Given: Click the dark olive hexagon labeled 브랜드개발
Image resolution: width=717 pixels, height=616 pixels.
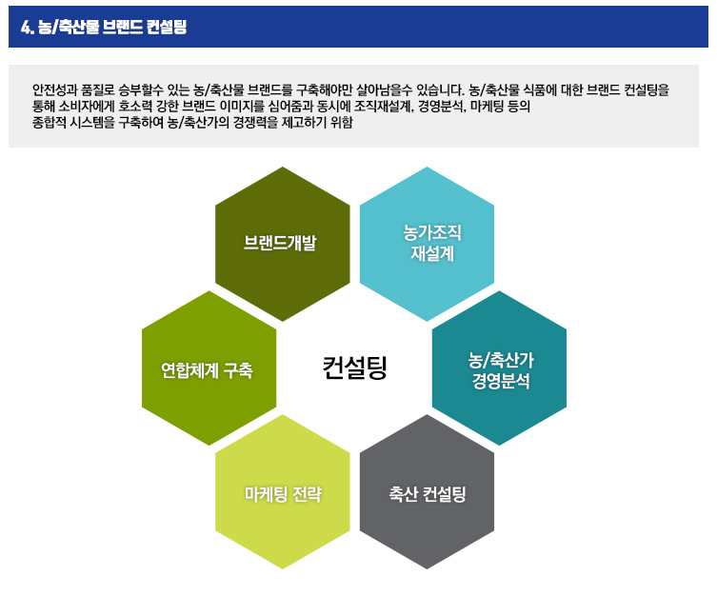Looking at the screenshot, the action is pyautogui.click(x=283, y=244).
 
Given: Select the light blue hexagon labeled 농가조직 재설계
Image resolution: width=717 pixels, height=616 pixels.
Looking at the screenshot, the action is pyautogui.click(x=428, y=244).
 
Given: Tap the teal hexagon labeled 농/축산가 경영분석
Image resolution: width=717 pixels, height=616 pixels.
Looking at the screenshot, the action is pyautogui.click(x=499, y=368).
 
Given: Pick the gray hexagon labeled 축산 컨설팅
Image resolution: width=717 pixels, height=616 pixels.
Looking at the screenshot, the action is pyautogui.click(x=428, y=492).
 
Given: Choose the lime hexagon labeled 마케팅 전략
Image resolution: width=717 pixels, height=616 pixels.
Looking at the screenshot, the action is pyautogui.click(x=283, y=492).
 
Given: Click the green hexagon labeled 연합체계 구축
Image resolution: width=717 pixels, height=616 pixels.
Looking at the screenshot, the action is pyautogui.click(x=209, y=368).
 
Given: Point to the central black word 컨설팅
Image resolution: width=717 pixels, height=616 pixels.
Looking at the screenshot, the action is pyautogui.click(x=355, y=368).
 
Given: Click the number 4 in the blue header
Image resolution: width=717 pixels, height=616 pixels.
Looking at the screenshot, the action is pyautogui.click(x=26, y=27).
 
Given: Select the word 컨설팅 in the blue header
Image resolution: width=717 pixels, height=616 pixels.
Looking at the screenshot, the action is pyautogui.click(x=167, y=27).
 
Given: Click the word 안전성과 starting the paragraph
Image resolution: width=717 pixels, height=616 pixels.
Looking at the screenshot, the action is pyautogui.click(x=50, y=89).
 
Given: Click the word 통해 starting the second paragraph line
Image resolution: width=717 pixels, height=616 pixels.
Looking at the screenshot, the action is pyautogui.click(x=43, y=106).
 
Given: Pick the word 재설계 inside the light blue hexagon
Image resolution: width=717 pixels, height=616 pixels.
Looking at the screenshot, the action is pyautogui.click(x=432, y=253).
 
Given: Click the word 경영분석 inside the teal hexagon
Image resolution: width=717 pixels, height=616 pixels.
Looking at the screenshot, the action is pyautogui.click(x=501, y=381).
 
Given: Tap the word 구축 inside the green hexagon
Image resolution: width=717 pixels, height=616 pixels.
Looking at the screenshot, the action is pyautogui.click(x=238, y=370).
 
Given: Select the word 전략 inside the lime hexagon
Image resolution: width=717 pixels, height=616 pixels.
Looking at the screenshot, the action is pyautogui.click(x=308, y=494).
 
